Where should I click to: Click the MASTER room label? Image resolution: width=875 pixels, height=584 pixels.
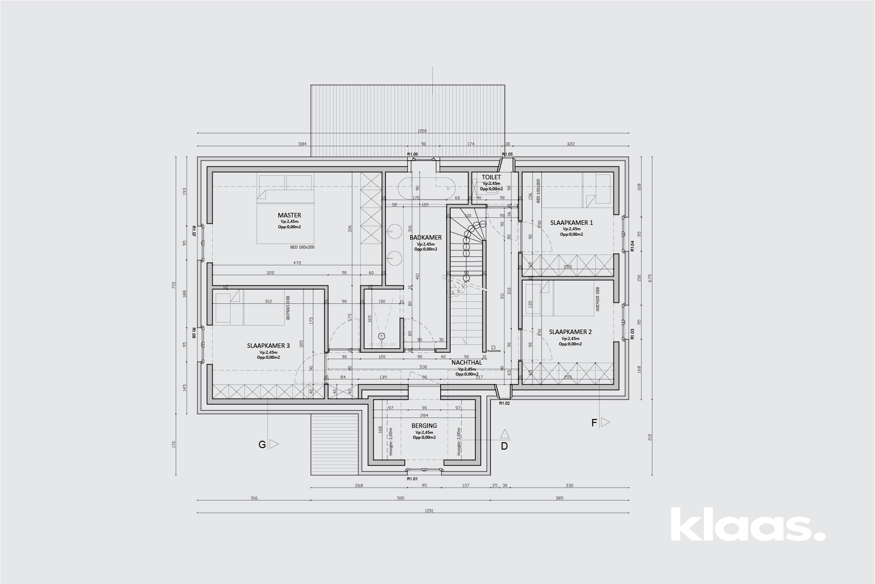point(289,215)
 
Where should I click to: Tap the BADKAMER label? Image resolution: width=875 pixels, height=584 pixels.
point(425,238)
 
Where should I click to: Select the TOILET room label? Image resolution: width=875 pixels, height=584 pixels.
point(491,177)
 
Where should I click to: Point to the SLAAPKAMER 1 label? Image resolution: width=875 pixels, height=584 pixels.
point(571,223)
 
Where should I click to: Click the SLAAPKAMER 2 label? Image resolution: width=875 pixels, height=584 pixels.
point(570,332)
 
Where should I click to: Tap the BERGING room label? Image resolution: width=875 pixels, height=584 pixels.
point(424,426)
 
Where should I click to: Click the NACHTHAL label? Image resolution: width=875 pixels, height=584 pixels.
point(466,363)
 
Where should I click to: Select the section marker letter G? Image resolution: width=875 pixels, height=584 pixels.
point(262,445)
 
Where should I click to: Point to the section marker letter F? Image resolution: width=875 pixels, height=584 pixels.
point(594,423)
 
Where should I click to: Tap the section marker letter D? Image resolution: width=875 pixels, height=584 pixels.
point(504,446)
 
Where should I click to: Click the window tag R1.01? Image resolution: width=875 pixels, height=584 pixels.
point(412,479)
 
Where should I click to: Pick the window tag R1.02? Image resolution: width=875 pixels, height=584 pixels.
point(504,404)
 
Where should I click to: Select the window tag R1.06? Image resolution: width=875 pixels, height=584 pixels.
point(412,155)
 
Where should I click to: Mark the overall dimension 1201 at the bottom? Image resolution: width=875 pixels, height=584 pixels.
point(428,511)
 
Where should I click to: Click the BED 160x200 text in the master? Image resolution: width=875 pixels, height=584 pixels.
point(302,247)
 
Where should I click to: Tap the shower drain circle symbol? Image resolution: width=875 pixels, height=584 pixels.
point(381,336)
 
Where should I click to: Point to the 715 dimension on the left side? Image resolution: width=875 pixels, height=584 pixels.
point(173,286)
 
